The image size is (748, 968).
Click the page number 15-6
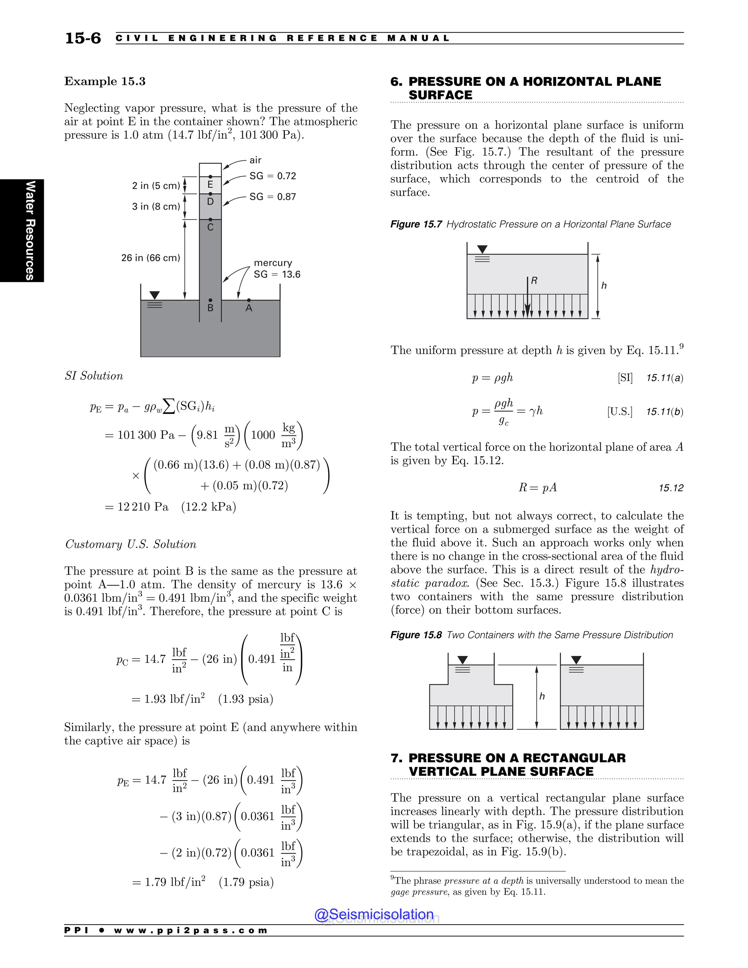click(83, 38)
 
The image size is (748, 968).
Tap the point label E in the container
click(210, 184)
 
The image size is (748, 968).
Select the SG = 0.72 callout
click(272, 176)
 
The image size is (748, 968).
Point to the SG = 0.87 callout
click(272, 197)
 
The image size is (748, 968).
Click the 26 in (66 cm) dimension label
click(151, 258)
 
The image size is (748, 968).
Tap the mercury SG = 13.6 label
click(276, 269)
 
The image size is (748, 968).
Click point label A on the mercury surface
click(249, 308)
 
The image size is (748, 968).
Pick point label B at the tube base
click(210, 308)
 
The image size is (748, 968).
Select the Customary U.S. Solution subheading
click(130, 544)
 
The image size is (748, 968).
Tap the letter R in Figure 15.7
click(534, 281)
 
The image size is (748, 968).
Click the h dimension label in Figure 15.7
click(603, 286)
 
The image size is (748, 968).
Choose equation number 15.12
click(671, 488)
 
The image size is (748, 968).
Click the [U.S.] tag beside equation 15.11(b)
click(619, 412)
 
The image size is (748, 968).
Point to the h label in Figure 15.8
click(542, 696)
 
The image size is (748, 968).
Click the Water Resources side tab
click(29, 230)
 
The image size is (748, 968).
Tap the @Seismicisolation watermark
click(374, 914)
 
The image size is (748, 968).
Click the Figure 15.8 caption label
click(416, 635)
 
